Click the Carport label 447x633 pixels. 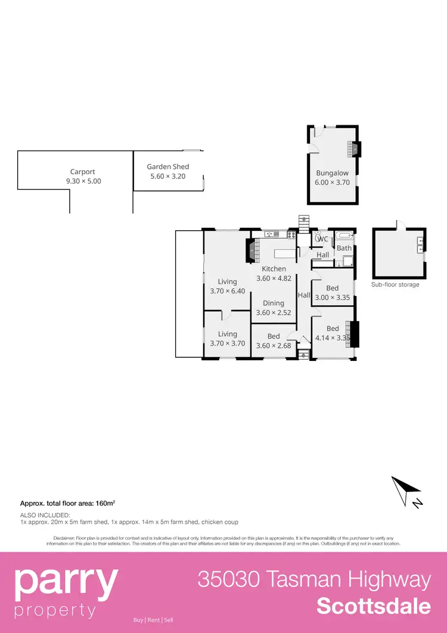pos(83,172)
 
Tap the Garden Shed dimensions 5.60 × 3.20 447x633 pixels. pos(168,176)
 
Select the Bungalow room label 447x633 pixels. pos(332,174)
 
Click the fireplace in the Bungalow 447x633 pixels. pos(355,149)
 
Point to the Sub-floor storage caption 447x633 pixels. pos(395,285)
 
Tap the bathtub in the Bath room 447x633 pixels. pos(344,237)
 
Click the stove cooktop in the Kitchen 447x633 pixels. pos(292,234)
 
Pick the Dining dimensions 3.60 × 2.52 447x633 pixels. pos(274,312)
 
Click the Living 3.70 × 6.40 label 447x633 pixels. pos(227,286)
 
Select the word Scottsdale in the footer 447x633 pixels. pos(374,606)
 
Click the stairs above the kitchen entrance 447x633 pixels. pos(305,221)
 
